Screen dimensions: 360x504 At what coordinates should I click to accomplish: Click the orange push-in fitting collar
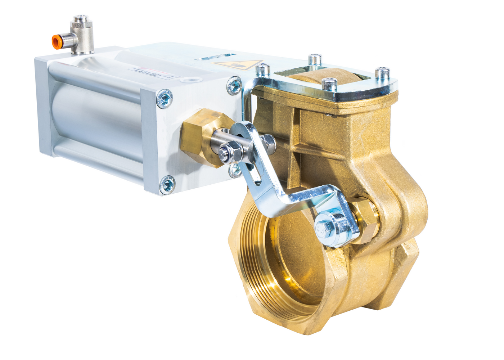pyautogui.click(x=55, y=42)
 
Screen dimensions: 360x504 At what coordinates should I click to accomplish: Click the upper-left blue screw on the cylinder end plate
pyautogui.click(x=165, y=98)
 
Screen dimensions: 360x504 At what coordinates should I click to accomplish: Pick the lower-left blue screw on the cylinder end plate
pyautogui.click(x=167, y=185)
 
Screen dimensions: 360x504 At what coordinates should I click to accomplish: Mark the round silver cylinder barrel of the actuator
pyautogui.click(x=94, y=115)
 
